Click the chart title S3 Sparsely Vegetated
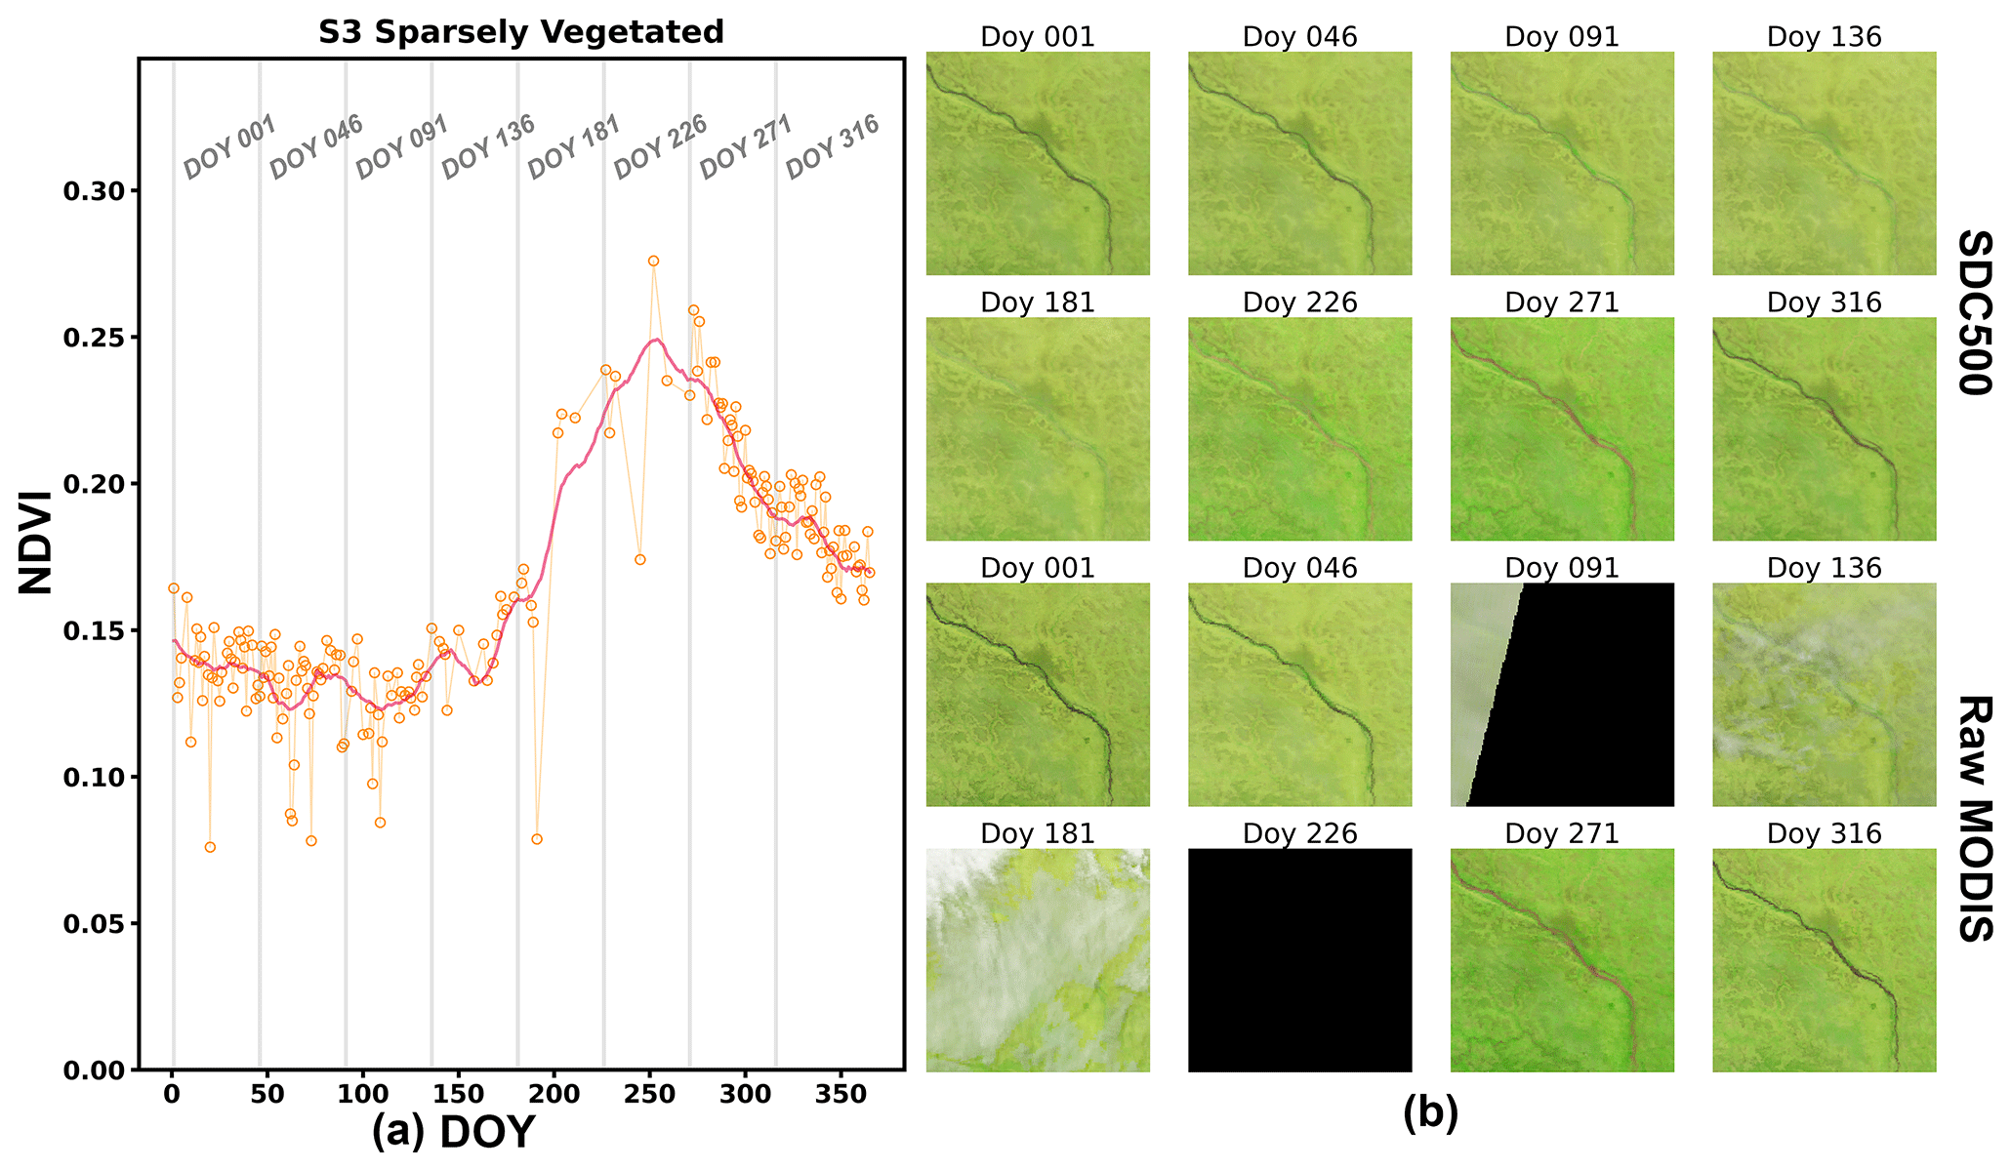(521, 32)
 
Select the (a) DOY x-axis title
(454, 1133)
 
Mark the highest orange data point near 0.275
(653, 261)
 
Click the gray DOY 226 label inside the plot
(660, 147)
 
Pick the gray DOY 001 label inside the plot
(230, 147)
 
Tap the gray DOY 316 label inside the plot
(833, 147)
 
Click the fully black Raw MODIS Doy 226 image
(1300, 960)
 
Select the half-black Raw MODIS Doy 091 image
(1562, 695)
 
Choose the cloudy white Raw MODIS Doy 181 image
(1038, 960)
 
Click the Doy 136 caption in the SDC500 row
(1824, 37)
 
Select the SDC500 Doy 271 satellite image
(1562, 429)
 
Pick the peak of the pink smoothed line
(657, 340)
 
